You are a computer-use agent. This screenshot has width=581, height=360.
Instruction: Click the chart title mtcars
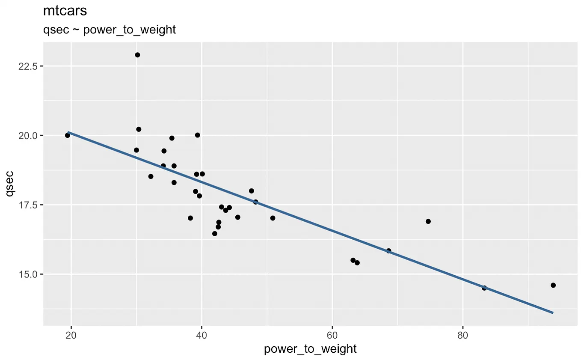pos(65,11)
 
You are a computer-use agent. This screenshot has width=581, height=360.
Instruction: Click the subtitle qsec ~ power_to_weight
pos(110,30)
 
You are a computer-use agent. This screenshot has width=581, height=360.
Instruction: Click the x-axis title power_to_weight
pos(310,349)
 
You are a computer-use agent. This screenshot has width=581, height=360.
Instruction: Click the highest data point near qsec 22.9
pos(137,55)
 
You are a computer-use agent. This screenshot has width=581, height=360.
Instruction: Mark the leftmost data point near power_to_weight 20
pos(67,135)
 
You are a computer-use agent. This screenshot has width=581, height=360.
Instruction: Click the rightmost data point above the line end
pos(553,285)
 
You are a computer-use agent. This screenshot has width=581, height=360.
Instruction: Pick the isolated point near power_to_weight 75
pos(428,221)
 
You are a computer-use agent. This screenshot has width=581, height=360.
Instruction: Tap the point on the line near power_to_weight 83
pos(484,288)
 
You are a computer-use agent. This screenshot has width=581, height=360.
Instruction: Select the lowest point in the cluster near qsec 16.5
pos(215,233)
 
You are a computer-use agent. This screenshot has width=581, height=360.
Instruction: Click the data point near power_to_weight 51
pos(273,218)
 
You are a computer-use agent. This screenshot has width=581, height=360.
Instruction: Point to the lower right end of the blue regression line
pos(553,312)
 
